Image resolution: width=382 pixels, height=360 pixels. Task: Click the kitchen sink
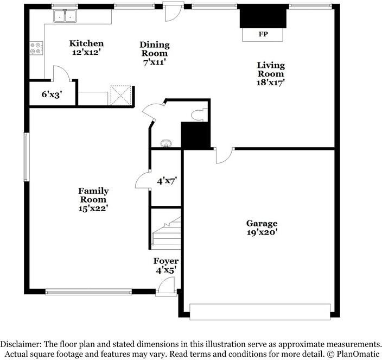pos(65,16)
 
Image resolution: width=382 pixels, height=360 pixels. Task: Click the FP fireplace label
pos(263,34)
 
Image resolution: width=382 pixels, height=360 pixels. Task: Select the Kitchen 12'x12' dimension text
pos(86,52)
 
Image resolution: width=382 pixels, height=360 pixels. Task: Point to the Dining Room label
pos(155,49)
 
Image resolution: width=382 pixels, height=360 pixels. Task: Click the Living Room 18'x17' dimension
pos(271,83)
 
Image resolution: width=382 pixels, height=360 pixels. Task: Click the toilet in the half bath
pos(199,115)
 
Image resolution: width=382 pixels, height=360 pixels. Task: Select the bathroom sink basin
pos(166,143)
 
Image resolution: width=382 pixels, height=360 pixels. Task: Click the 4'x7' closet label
pos(167,181)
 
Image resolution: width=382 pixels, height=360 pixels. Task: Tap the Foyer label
pos(166,261)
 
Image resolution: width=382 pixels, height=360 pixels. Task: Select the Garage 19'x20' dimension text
pos(262,232)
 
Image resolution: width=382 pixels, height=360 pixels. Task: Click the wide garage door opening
pos(260,312)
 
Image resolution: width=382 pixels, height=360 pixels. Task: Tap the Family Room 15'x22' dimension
pos(93,209)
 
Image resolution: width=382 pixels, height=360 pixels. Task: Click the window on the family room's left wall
pos(26,157)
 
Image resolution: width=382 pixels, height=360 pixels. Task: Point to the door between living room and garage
pos(224,155)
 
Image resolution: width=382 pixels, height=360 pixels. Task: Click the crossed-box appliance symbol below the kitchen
pos(120,96)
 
